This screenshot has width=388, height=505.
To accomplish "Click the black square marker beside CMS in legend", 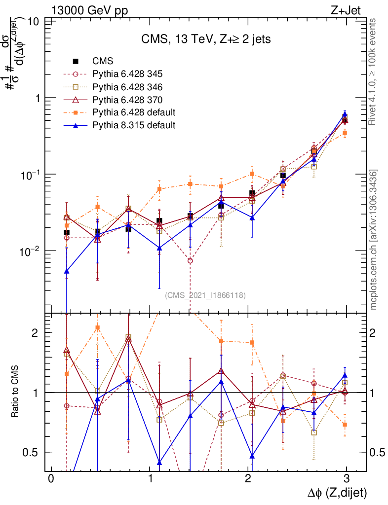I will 76,61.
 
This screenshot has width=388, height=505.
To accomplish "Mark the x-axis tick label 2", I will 248,480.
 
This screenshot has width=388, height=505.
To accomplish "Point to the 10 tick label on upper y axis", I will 34,22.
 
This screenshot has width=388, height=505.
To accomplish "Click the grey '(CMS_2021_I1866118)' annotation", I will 205,295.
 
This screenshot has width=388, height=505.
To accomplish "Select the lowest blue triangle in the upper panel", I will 67,271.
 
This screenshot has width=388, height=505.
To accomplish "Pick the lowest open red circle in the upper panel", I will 190,260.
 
